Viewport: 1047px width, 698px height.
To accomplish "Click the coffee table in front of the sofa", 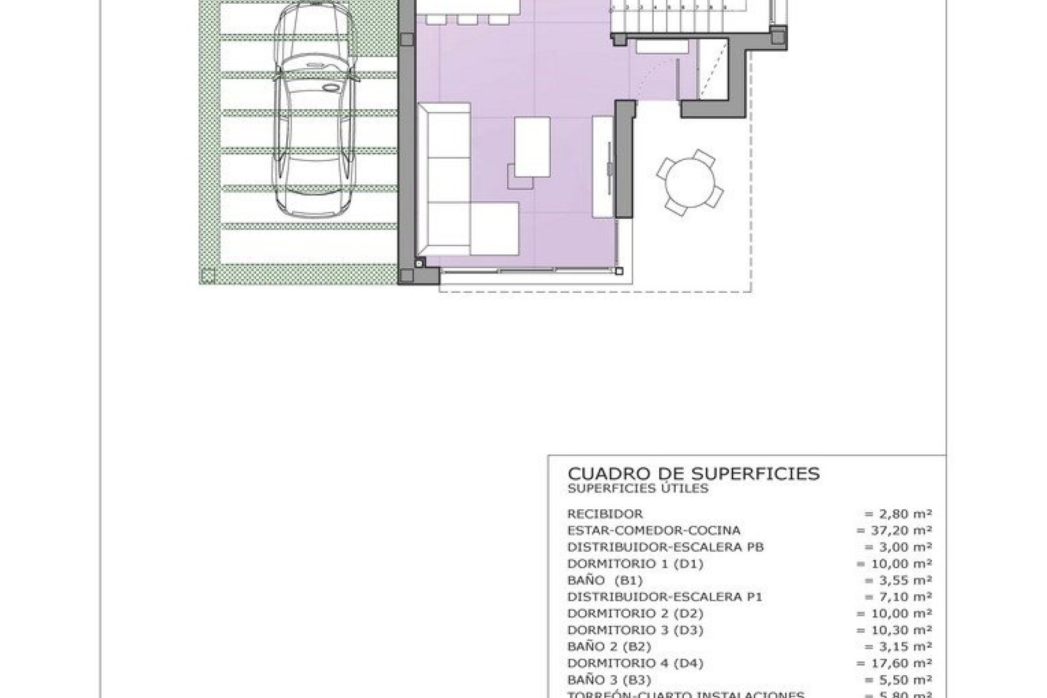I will point(532,147).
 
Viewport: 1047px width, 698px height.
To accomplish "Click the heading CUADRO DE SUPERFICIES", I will point(693,473).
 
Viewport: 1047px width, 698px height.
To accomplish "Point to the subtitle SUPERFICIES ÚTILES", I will point(637,489).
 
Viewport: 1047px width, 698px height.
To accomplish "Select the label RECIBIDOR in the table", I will point(605,514).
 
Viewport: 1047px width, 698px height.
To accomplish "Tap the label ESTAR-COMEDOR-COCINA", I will point(653,530).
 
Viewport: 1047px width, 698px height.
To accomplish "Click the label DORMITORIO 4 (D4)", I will point(635,663).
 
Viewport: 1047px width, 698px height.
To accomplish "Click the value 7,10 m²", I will point(898,597).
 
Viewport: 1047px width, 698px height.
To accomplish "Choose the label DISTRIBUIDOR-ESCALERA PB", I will point(665,547).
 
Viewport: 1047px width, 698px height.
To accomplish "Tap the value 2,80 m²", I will point(898,514).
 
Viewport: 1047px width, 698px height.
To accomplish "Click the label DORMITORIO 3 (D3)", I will point(635,630).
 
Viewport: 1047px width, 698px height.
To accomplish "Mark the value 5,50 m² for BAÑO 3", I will point(898,680).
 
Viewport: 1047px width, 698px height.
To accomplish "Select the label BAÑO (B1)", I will point(605,580).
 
